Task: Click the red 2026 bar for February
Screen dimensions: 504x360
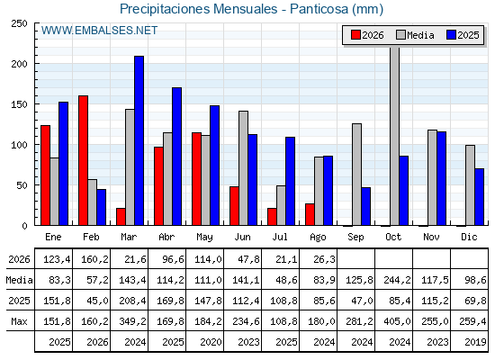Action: pos(83,160)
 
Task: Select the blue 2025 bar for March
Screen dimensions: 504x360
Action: pos(139,140)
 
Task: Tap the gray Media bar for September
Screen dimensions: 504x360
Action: pos(356,175)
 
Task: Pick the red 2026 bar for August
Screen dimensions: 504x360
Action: pos(310,214)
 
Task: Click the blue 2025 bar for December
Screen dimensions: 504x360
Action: pos(479,197)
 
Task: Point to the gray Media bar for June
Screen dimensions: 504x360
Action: pos(243,168)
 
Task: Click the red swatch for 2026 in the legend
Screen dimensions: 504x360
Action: pos(355,35)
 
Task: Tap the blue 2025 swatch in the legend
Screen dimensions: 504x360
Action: pos(451,35)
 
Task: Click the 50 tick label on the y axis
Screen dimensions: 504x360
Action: pos(22,185)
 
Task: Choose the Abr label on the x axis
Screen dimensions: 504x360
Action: pos(166,237)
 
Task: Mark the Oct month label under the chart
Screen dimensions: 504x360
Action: pos(393,237)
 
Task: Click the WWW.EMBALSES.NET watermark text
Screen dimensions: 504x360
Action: pos(99,31)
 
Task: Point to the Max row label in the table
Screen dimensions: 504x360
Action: pos(19,321)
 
